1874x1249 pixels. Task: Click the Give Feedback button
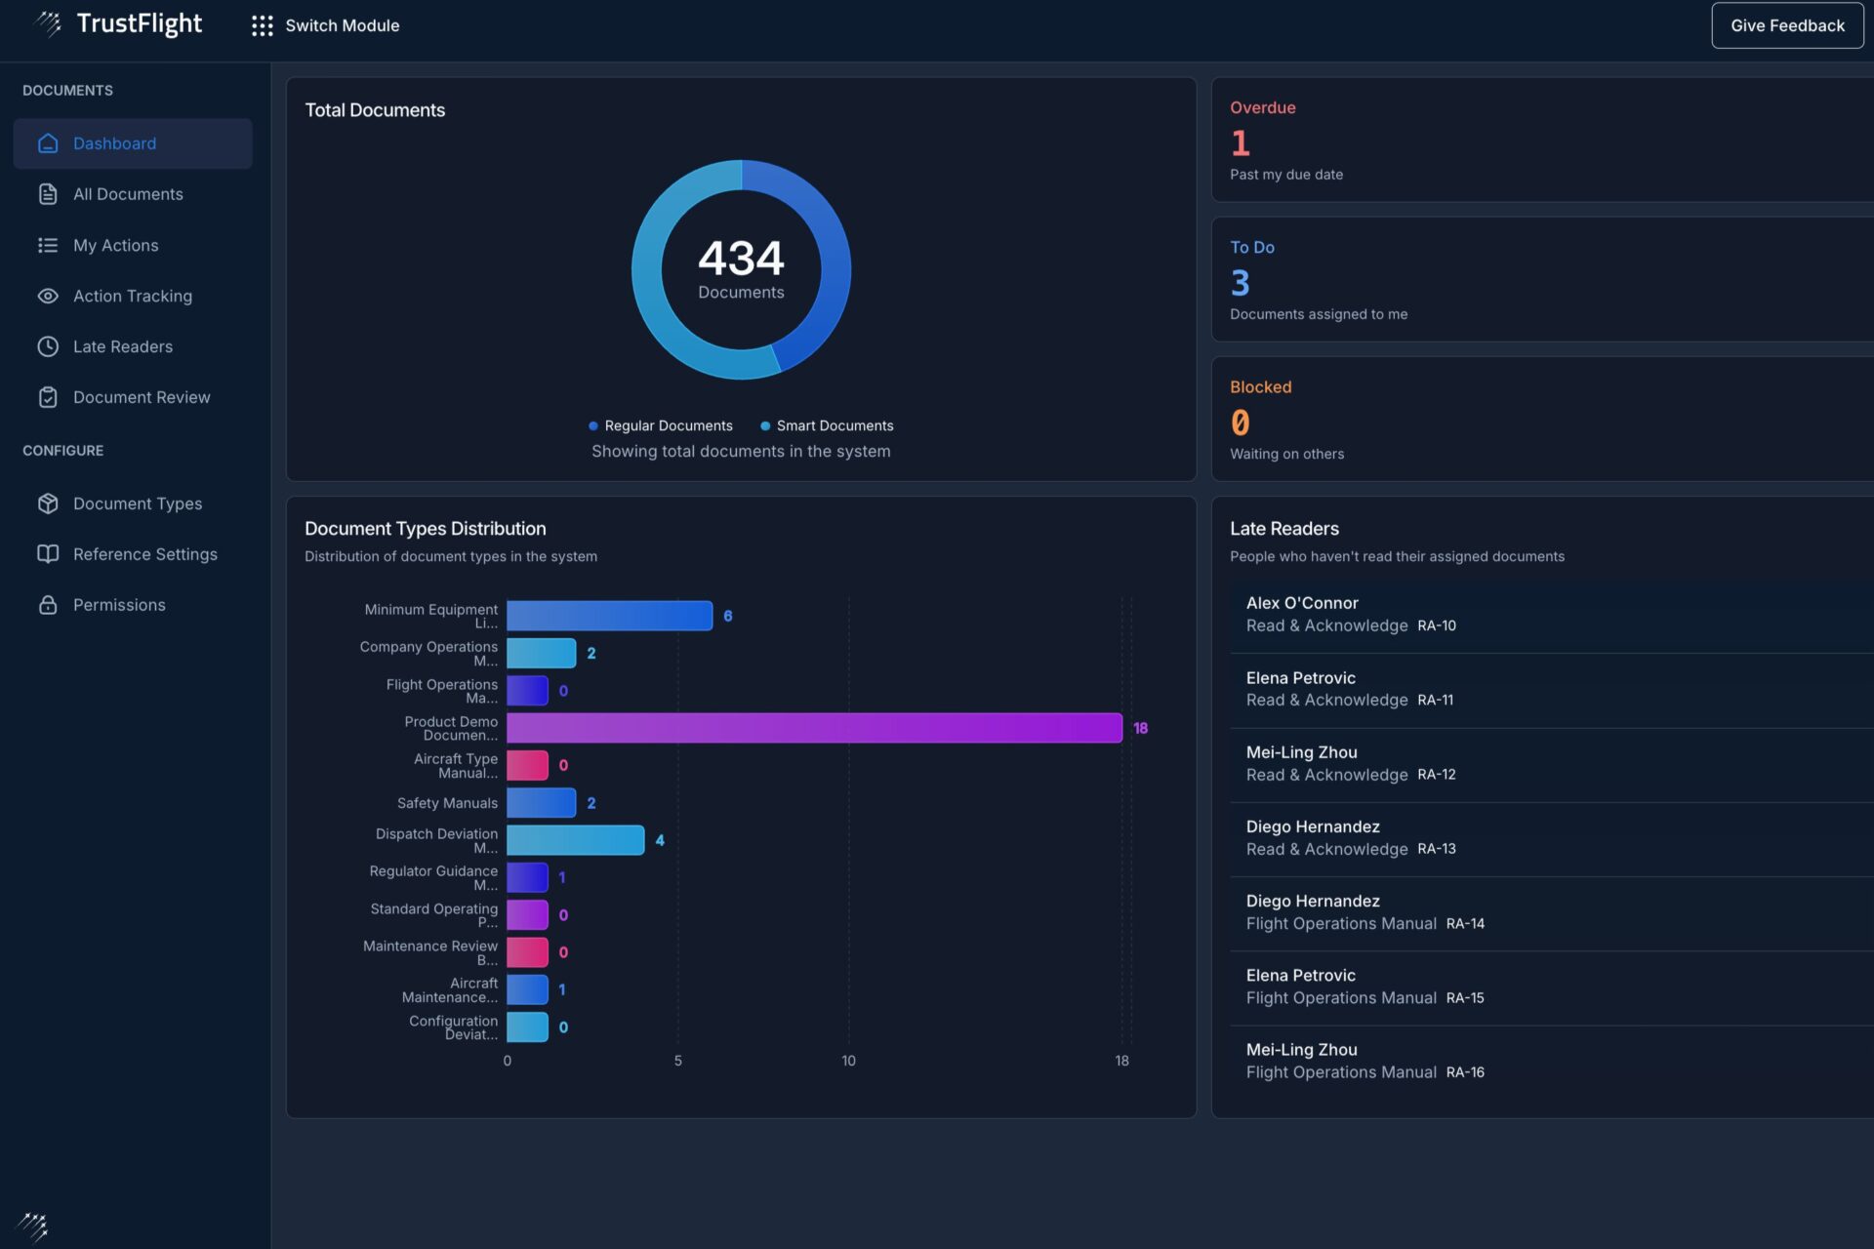pyautogui.click(x=1786, y=25)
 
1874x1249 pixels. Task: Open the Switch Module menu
pyautogui.click(x=326, y=25)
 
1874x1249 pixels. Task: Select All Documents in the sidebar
pyautogui.click(x=128, y=194)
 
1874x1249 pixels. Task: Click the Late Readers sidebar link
pyautogui.click(x=122, y=346)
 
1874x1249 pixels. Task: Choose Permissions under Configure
pyautogui.click(x=119, y=605)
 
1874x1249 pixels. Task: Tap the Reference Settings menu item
pyautogui.click(x=144, y=554)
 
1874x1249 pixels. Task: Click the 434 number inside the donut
pyautogui.click(x=741, y=259)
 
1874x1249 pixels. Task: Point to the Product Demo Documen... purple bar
pyautogui.click(x=813, y=728)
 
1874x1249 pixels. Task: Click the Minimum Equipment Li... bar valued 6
pyautogui.click(x=609, y=616)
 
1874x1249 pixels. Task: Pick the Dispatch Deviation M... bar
pyautogui.click(x=575, y=840)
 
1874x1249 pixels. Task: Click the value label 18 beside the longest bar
pyautogui.click(x=1140, y=728)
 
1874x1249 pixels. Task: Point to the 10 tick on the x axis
pyautogui.click(x=848, y=1061)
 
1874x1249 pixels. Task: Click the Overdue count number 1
pyautogui.click(x=1240, y=143)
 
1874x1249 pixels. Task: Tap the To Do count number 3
pyautogui.click(x=1240, y=283)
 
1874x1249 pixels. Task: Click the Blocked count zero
pyautogui.click(x=1240, y=423)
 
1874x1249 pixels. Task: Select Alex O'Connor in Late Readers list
pyautogui.click(x=1302, y=603)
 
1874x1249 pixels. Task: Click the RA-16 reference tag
pyautogui.click(x=1465, y=1072)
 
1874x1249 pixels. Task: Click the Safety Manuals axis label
pyautogui.click(x=447, y=803)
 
